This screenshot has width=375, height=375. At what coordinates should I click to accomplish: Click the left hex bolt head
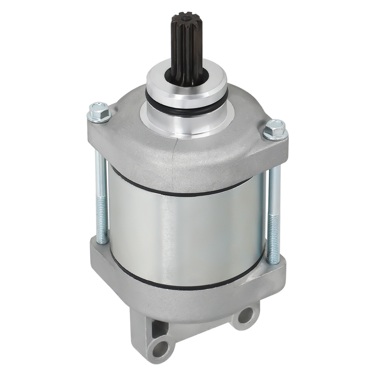pos(99,111)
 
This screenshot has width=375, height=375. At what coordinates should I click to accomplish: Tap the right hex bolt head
pos(274,129)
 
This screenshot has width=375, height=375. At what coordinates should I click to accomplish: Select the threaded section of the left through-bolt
pos(102,217)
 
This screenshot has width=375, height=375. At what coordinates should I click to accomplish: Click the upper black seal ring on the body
pos(180,190)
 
